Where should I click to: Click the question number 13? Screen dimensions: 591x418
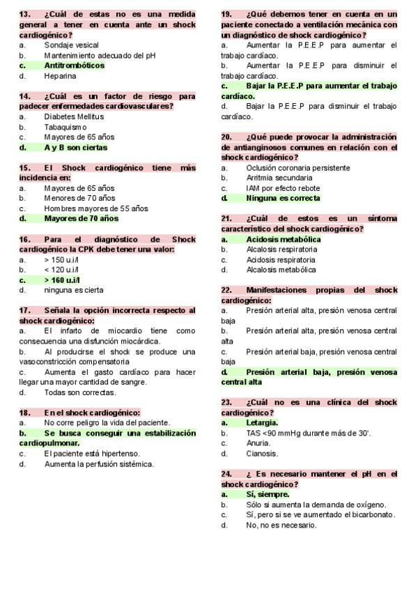click(25, 14)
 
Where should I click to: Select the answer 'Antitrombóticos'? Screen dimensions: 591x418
click(74, 66)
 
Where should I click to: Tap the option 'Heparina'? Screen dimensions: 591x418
click(60, 76)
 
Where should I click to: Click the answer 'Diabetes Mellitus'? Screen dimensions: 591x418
click(74, 117)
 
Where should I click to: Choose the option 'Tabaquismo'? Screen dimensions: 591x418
click(65, 128)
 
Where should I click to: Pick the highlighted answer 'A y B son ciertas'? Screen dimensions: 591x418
click(76, 148)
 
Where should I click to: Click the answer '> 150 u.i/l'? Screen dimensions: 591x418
click(61, 259)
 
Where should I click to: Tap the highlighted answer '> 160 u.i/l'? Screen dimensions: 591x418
click(61, 279)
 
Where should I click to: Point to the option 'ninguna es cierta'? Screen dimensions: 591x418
click(74, 290)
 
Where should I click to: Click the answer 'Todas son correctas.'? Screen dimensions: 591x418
click(79, 392)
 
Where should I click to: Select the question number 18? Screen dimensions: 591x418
click(25, 413)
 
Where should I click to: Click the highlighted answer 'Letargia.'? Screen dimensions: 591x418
click(262, 422)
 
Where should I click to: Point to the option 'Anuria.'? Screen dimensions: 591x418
click(258, 443)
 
